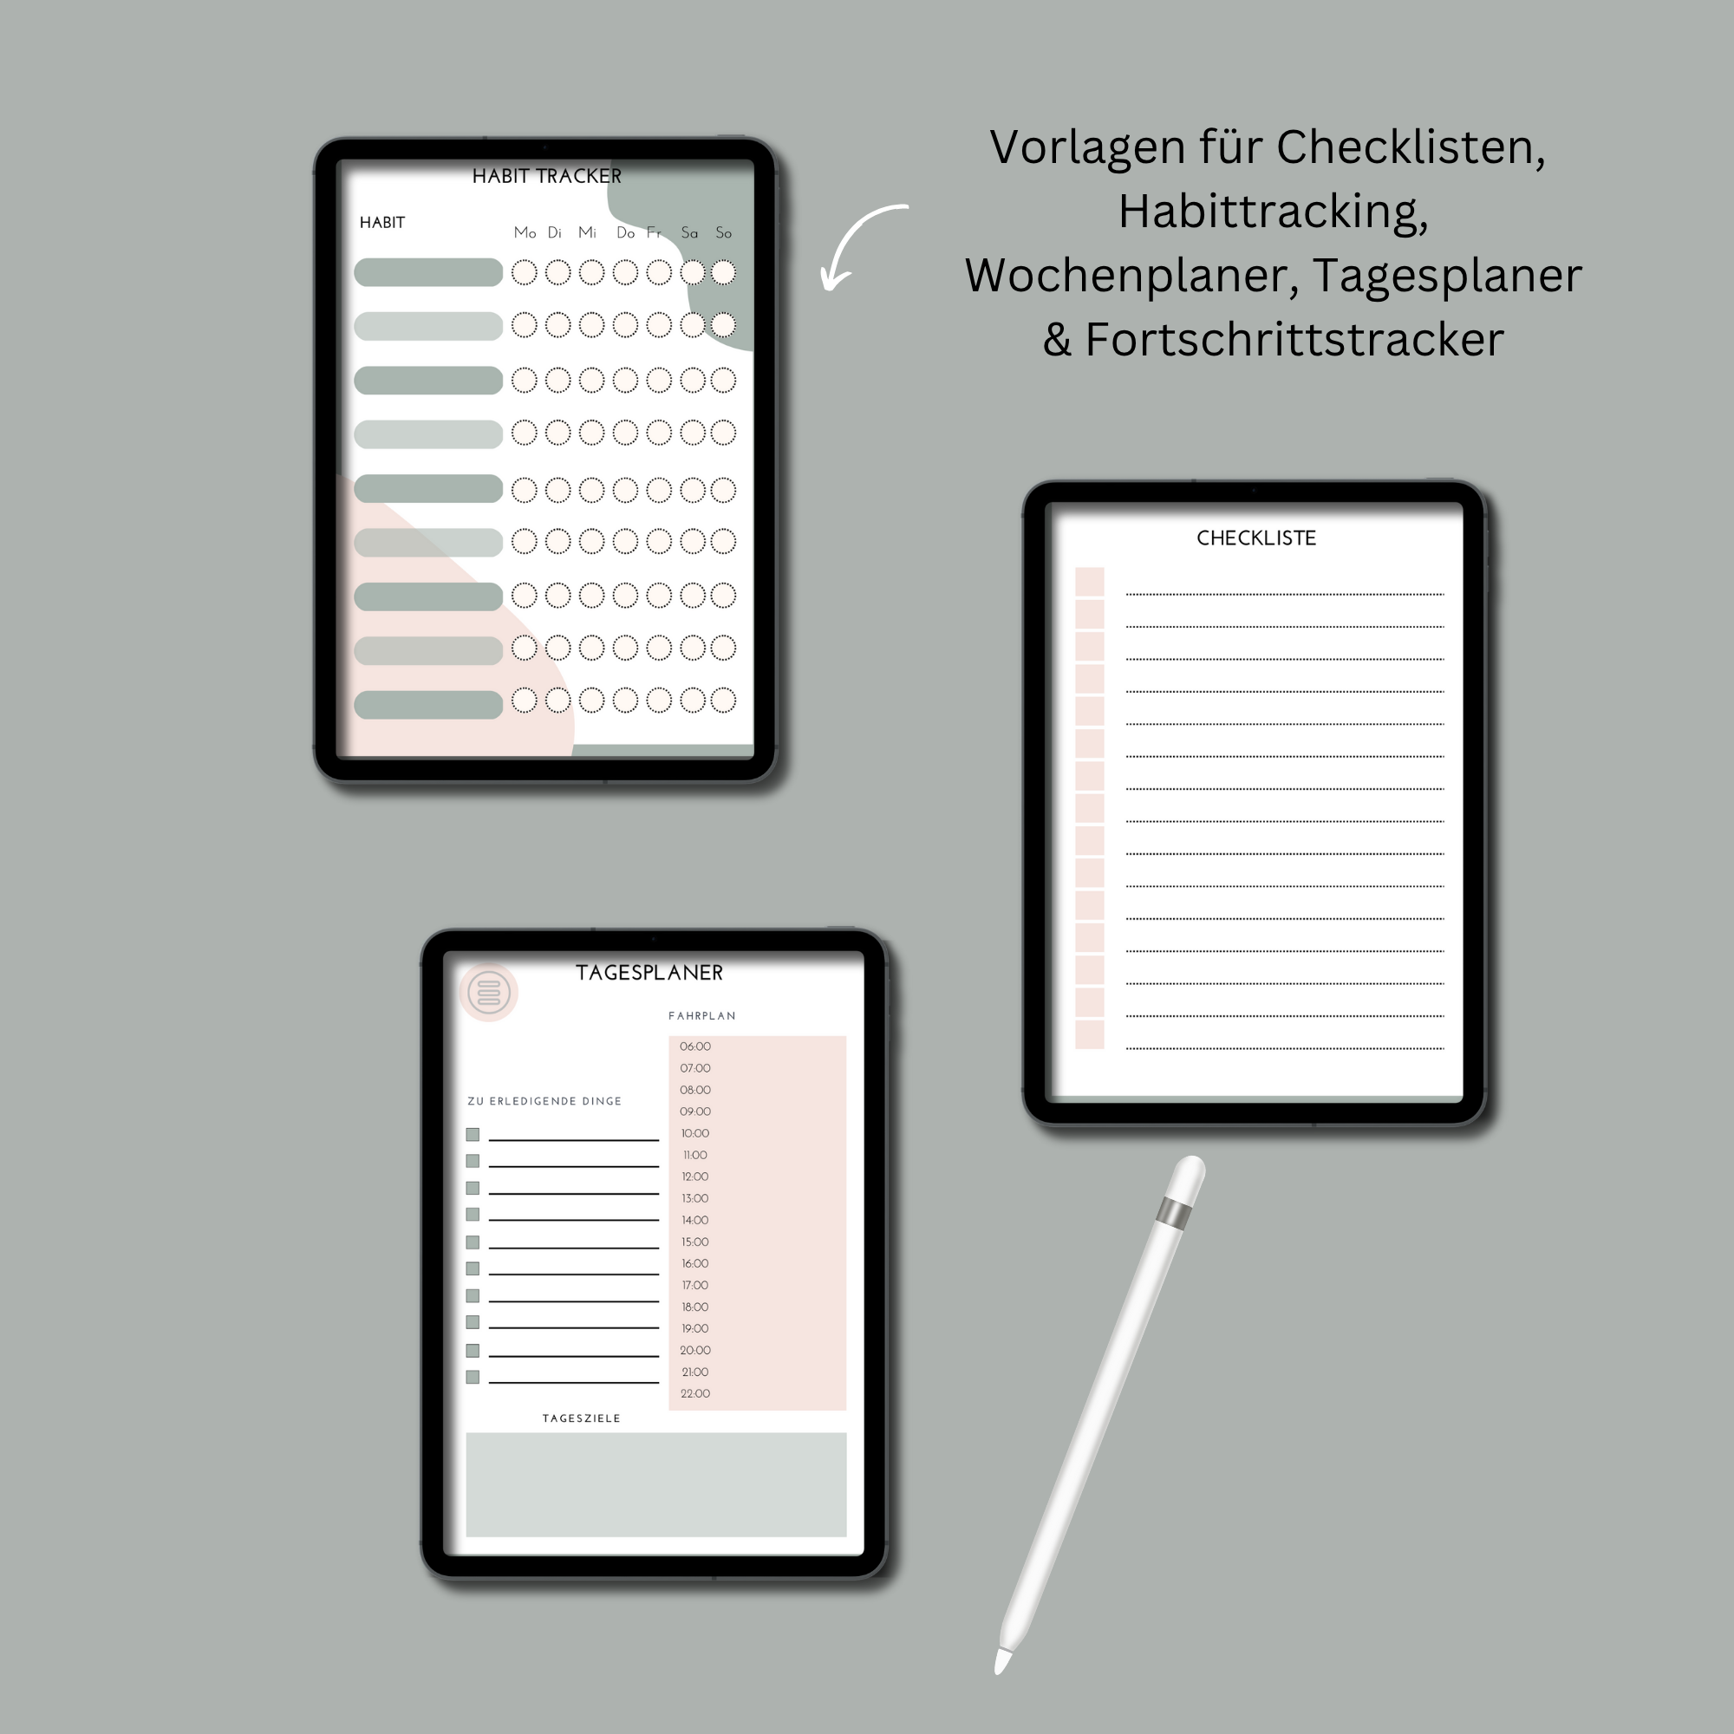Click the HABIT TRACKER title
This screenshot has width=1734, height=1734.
point(546,176)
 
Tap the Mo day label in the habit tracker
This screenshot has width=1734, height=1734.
point(525,233)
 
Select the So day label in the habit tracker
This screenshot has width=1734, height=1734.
point(723,233)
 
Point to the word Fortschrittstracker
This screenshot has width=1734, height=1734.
point(1294,340)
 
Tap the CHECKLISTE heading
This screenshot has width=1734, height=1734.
point(1255,538)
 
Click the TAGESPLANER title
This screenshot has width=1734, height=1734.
point(649,973)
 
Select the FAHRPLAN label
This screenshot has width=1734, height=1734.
point(702,1016)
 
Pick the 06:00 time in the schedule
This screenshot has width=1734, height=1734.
point(694,1046)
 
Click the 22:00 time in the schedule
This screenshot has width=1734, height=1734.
point(694,1394)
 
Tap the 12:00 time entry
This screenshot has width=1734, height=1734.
point(694,1177)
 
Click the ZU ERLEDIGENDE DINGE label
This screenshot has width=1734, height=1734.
point(544,1101)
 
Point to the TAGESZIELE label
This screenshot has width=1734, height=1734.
point(581,1418)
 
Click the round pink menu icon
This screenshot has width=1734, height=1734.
point(488,993)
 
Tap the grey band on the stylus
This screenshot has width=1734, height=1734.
point(1175,1214)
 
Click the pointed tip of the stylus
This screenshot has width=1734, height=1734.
point(1000,1667)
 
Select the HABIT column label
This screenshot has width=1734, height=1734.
point(382,223)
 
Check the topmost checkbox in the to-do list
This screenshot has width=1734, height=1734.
point(473,1134)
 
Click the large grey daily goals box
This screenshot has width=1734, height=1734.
point(656,1484)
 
